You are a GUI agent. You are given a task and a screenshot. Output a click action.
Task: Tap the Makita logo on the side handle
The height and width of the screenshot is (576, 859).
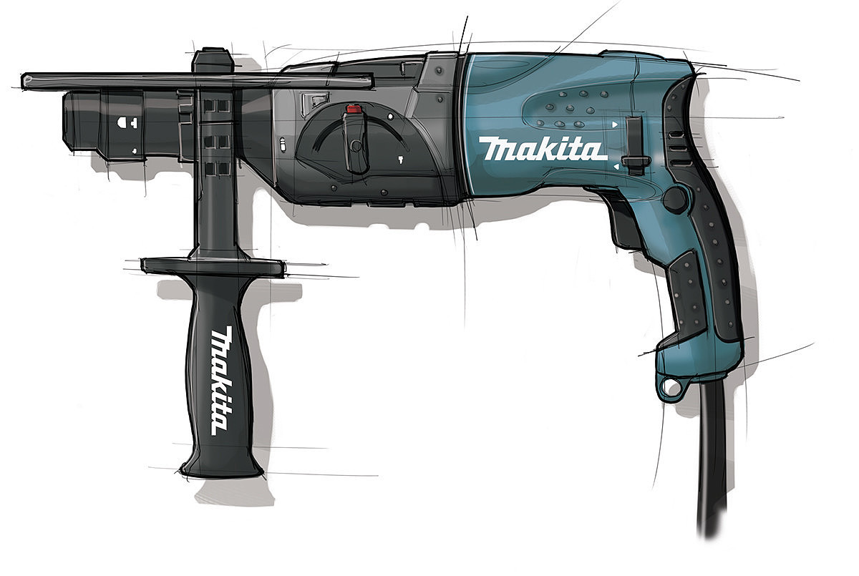pos(223,381)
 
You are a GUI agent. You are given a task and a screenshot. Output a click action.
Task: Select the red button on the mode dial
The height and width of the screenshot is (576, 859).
pos(354,109)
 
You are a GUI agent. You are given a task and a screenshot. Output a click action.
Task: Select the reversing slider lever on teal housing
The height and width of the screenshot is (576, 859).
pos(634,146)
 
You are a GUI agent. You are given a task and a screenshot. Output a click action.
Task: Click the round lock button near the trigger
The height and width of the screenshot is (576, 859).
pos(676,198)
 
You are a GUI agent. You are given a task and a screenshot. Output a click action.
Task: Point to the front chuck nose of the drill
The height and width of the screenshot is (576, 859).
pos(82,122)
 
